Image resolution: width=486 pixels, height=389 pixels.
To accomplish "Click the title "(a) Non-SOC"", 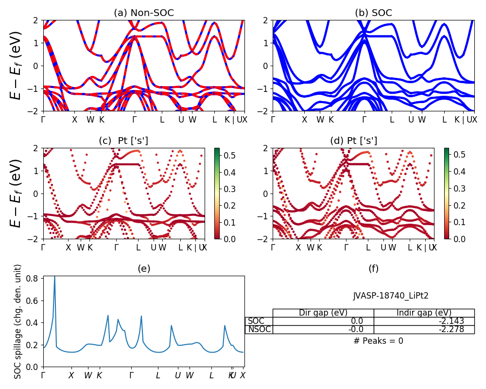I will pos(144,13).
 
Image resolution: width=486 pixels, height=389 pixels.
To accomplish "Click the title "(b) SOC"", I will pos(373,13).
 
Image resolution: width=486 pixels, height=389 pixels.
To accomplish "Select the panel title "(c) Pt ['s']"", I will pos(123,141).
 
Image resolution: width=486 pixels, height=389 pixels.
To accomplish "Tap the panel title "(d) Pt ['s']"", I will pos(353,141).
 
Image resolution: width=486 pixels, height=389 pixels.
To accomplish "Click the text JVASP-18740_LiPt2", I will pos(391,296).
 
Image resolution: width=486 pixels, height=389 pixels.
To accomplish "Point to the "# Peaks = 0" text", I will pos(379,341).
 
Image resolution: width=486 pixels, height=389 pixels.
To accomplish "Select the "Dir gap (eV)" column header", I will pos(323,313).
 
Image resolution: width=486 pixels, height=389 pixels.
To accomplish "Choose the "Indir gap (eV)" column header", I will pos(424,313).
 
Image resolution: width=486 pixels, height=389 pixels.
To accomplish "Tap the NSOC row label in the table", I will pos(259,329).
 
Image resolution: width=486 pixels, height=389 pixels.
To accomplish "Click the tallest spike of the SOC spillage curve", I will pos(54,277).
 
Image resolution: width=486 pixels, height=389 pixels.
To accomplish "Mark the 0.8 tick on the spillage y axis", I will pos(33,279).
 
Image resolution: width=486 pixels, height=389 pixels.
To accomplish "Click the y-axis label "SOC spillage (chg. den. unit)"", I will pos(18,321).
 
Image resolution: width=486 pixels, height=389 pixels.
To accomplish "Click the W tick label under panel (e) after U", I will pos(190,375).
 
